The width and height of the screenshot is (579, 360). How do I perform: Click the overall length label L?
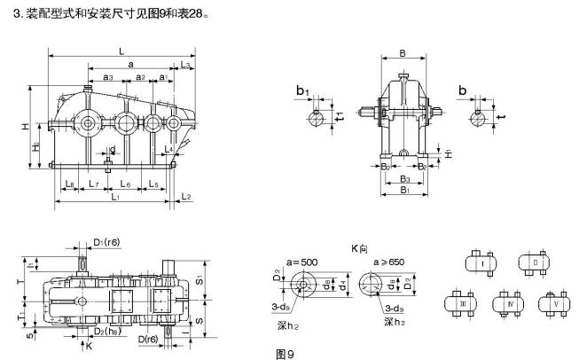point(120,51)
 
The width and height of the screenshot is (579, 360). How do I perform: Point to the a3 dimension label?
point(107,79)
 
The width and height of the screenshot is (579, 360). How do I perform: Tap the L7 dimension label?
point(94,184)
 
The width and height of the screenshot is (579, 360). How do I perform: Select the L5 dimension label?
point(153,184)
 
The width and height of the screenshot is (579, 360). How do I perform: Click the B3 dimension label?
point(403,178)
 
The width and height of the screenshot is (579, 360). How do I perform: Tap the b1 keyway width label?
point(301,90)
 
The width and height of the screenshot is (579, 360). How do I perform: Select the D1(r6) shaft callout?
point(107,240)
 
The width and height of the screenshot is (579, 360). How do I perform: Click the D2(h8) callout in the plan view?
point(107,332)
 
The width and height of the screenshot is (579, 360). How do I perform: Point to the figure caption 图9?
point(284,354)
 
